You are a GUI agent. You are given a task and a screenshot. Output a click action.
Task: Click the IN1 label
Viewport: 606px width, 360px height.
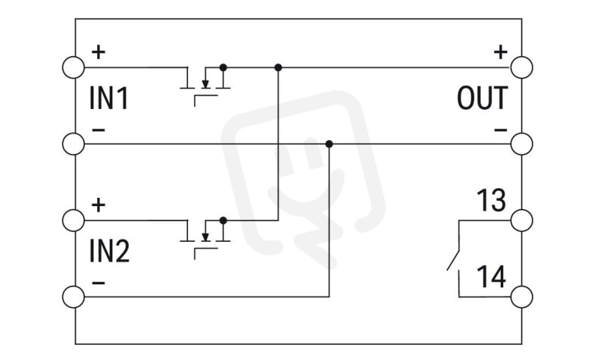point(108,99)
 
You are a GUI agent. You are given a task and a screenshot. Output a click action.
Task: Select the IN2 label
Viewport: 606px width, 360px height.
point(109,252)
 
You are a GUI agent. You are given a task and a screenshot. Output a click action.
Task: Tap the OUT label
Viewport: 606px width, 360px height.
point(483,99)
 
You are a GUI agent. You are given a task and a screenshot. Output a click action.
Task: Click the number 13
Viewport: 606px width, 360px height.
point(491,200)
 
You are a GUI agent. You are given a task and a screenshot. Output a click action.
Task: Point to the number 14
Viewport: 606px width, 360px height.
point(491,277)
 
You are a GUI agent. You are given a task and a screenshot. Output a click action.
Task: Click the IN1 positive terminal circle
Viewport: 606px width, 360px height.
point(73,67)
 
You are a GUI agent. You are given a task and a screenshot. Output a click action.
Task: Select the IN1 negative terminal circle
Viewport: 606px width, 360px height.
point(73,144)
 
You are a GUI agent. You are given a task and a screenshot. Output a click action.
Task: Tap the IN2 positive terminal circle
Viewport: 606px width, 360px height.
point(73,221)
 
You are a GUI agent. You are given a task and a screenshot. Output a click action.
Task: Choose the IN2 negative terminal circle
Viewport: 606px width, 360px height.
point(73,297)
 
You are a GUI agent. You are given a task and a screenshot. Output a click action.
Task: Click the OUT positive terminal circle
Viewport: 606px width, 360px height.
point(522,67)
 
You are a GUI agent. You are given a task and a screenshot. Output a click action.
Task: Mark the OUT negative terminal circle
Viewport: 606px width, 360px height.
point(522,144)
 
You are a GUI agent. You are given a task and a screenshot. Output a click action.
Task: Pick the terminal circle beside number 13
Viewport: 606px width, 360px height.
point(522,221)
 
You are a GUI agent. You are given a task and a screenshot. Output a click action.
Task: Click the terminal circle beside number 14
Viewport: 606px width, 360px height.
point(522,297)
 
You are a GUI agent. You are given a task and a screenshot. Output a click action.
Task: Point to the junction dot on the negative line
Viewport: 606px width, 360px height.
point(329,144)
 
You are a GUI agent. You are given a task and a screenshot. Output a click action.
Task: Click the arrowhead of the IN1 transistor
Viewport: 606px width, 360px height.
point(205,84)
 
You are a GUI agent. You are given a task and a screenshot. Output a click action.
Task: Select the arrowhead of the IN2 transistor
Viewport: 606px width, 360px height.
point(205,237)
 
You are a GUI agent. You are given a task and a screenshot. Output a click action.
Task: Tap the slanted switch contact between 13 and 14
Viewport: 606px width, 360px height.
point(453,260)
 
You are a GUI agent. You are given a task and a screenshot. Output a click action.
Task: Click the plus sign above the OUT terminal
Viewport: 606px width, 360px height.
point(501,52)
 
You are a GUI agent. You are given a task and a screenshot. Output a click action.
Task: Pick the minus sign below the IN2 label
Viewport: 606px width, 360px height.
point(98,283)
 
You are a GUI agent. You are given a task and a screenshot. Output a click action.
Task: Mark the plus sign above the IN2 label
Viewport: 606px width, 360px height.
point(98,205)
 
